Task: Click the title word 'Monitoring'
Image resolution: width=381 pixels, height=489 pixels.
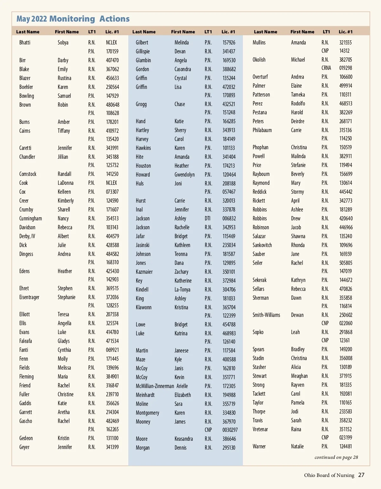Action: pos(72,19)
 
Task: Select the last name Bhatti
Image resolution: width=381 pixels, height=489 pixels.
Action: pos(25,43)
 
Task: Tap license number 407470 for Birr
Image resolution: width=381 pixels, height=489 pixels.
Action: pos(112,60)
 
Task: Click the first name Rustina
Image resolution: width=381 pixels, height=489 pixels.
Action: pos(64,78)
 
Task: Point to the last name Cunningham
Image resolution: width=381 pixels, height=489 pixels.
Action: pos(30,218)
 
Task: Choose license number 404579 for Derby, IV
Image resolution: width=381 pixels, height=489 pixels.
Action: pos(112,236)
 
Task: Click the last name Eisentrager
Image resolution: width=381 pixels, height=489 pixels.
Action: pos(29,297)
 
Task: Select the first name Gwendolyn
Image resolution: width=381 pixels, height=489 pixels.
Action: pos(184,175)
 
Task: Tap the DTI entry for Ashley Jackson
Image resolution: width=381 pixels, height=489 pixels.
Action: pos(208,218)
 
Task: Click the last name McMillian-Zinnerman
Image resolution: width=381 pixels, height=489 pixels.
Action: pos(155,386)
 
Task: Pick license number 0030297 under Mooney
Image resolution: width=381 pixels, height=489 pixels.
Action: pos(230,430)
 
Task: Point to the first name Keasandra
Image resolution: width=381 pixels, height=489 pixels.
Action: pos(184,439)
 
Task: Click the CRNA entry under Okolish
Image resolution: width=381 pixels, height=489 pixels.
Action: pos(326,68)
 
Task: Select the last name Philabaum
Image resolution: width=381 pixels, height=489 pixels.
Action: pos(262,130)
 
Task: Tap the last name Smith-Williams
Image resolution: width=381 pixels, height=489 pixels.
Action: pos(266,315)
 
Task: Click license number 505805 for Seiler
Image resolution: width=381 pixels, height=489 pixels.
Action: pos(345,263)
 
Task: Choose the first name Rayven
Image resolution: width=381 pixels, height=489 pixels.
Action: pos(297,385)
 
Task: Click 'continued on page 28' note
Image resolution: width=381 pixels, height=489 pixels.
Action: pos(336,457)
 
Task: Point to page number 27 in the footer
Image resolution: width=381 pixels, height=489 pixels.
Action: pos(361,475)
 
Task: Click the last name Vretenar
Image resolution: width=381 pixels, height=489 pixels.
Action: pos(260,429)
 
